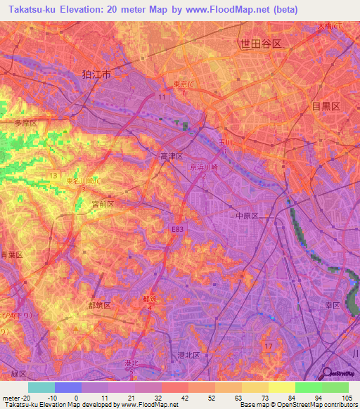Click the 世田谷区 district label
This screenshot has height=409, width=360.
click(261, 44)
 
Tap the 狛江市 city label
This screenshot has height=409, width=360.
click(96, 74)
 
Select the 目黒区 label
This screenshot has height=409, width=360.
click(326, 106)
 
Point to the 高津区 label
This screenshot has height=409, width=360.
click(171, 156)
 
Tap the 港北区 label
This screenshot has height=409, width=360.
click(188, 356)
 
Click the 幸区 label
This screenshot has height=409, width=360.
click(332, 305)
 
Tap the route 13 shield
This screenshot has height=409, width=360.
click(53, 174)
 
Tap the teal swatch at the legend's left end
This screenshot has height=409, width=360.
click(41, 387)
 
